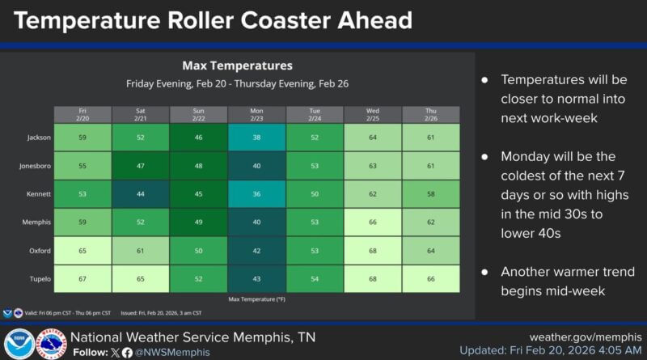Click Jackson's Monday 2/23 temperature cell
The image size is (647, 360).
[256, 138]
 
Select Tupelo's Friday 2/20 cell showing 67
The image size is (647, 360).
[82, 278]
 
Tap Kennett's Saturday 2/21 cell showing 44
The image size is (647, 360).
[141, 194]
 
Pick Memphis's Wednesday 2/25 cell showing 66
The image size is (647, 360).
[373, 222]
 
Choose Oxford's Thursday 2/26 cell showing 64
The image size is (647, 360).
[431, 251]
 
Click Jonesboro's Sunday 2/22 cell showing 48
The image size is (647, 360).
[199, 166]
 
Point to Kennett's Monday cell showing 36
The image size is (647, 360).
[256, 194]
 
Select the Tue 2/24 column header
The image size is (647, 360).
[315, 114]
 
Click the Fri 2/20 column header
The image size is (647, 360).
[82, 114]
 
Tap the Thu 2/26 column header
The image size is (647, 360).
[431, 114]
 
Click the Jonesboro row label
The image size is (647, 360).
[36, 166]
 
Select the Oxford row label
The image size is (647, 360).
[40, 251]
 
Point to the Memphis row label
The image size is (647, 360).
[37, 222]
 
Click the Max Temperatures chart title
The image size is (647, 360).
[237, 66]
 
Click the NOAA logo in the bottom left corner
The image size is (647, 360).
[18, 343]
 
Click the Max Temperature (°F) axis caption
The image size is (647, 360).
[256, 299]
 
